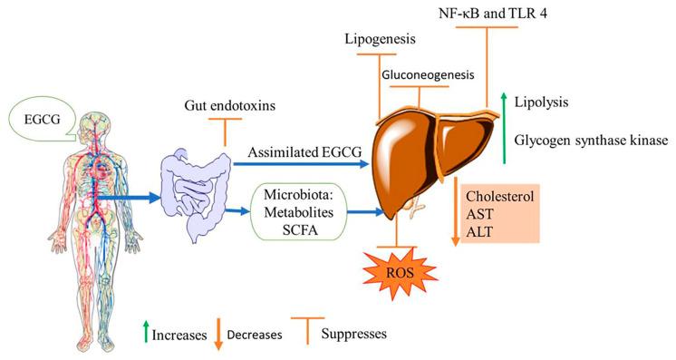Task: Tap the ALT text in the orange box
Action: (x=478, y=231)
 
